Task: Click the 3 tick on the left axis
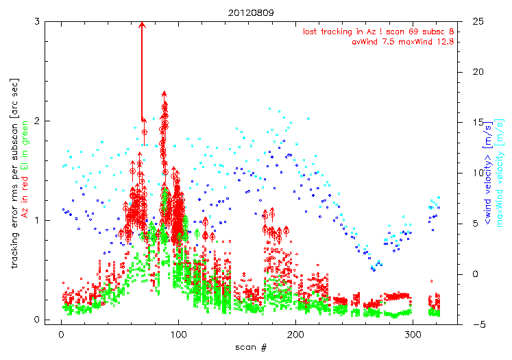point(37,21)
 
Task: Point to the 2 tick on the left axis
point(37,121)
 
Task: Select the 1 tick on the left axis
point(37,220)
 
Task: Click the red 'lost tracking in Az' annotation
point(378,31)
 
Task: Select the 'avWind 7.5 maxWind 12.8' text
point(402,41)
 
